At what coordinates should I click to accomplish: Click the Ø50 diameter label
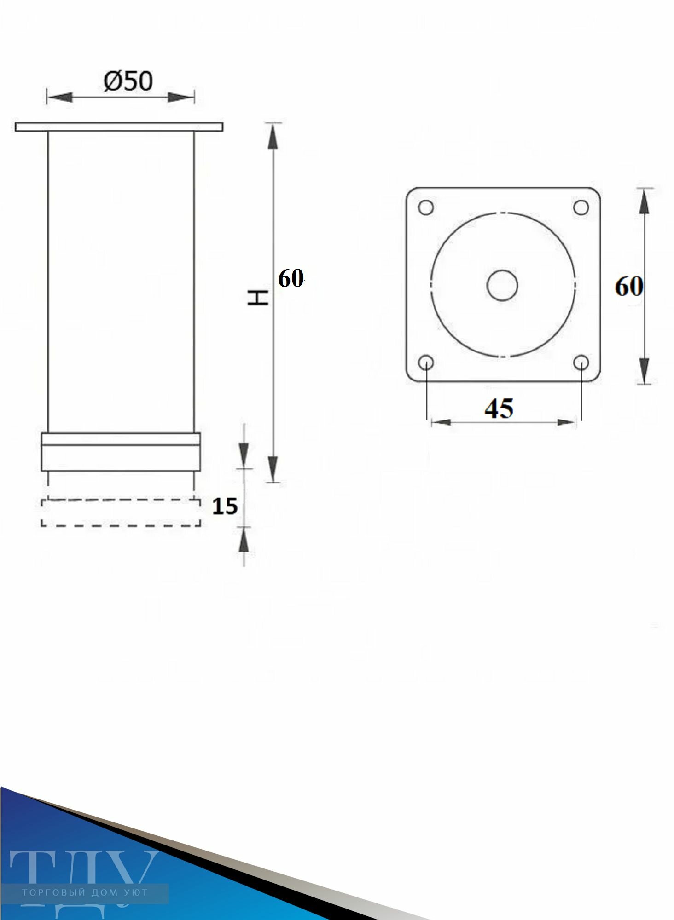click(128, 82)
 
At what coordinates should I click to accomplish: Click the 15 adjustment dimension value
click(225, 506)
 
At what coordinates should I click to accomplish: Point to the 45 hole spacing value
click(499, 408)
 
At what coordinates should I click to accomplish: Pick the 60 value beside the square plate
click(628, 287)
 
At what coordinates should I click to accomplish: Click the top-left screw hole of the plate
click(426, 207)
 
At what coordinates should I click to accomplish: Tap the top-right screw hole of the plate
click(581, 207)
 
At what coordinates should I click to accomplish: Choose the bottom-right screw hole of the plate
click(581, 362)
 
